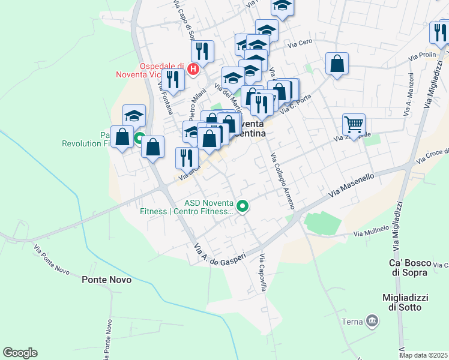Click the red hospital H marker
click(x=193, y=70)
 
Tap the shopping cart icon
click(x=354, y=124)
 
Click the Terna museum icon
click(x=373, y=322)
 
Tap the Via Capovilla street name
click(x=263, y=272)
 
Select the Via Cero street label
click(x=300, y=44)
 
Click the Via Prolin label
click(x=422, y=55)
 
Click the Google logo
click(x=20, y=353)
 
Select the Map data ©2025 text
click(x=423, y=355)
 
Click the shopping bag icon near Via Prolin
click(x=337, y=63)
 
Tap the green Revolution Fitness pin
click(x=139, y=140)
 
